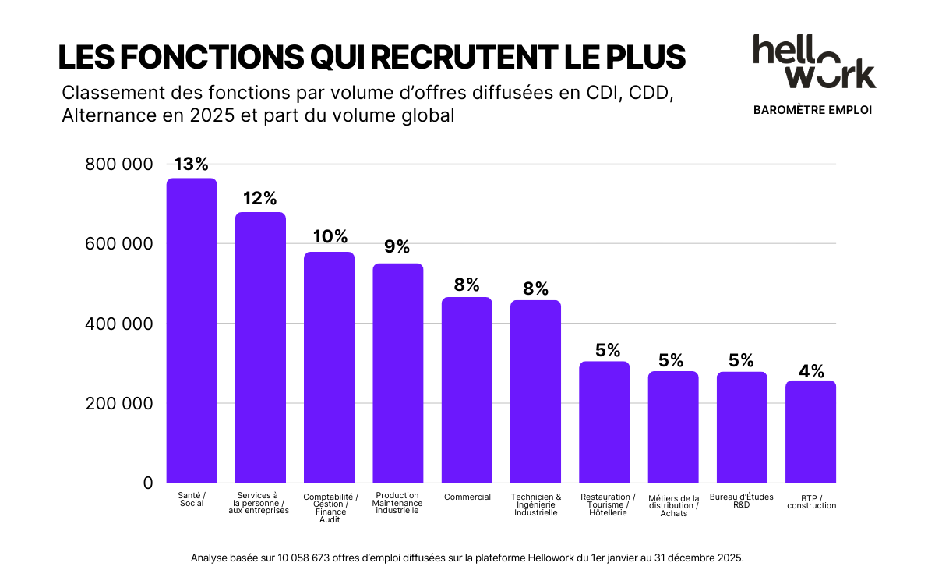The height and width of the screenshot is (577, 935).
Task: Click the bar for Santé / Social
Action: [192, 331]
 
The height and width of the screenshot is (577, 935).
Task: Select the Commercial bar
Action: [467, 390]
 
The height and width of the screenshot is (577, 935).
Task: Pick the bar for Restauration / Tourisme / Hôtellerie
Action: [604, 422]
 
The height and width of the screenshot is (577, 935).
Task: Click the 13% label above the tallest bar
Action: [191, 165]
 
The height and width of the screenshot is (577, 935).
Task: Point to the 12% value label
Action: [259, 199]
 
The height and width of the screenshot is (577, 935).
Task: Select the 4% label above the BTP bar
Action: [810, 371]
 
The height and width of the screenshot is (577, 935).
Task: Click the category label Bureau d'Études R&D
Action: [741, 501]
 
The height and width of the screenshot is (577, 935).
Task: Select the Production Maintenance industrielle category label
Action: [397, 504]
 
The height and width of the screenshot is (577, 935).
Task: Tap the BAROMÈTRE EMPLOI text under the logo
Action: [813, 110]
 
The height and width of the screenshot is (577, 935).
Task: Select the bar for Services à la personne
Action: [260, 348]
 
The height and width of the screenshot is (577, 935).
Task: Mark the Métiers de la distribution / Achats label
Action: [673, 505]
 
